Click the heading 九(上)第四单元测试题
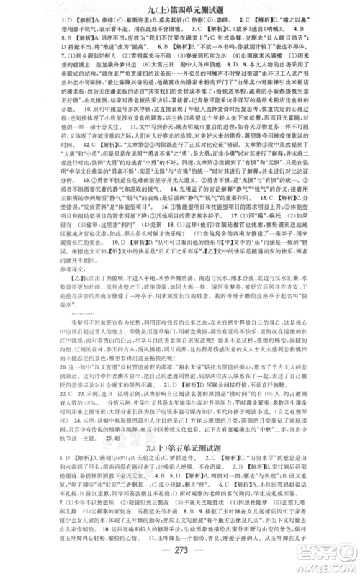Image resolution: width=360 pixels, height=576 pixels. (180, 9)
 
